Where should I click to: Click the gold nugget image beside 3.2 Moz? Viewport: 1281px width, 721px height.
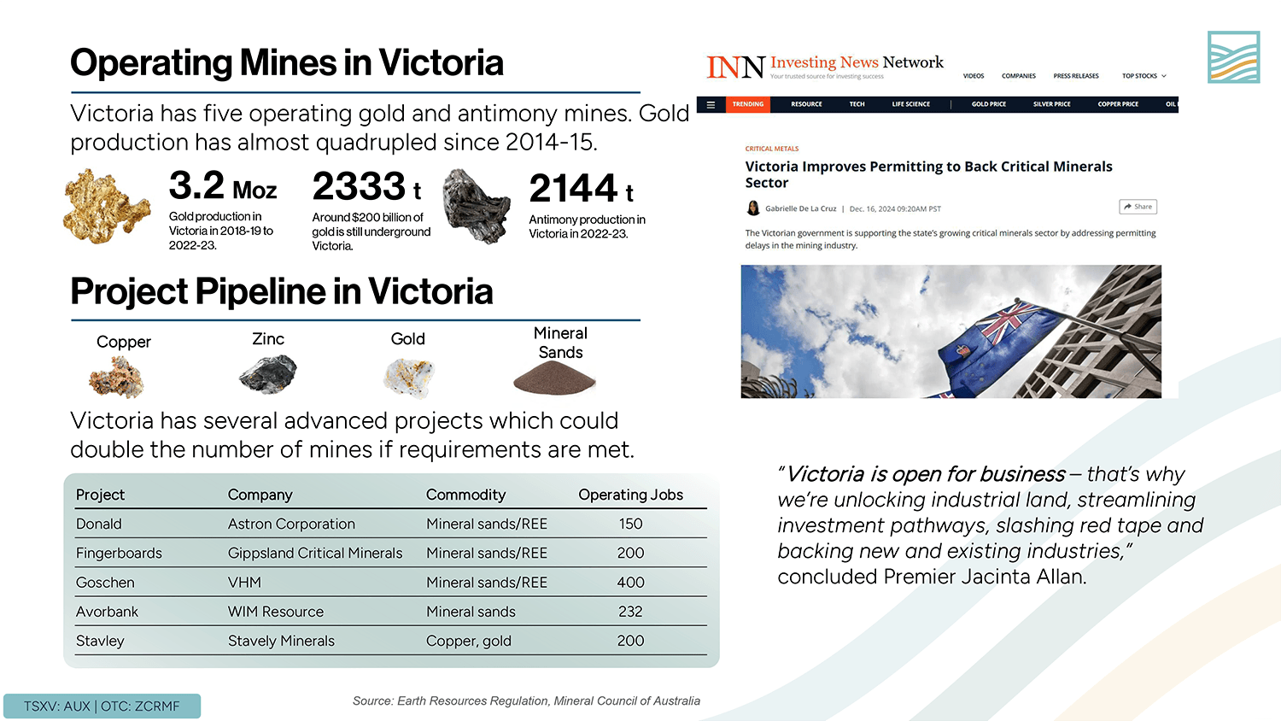(106, 206)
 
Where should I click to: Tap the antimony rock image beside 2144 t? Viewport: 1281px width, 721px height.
(476, 205)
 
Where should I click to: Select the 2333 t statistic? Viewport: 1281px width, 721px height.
(366, 187)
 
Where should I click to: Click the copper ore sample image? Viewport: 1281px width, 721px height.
(117, 377)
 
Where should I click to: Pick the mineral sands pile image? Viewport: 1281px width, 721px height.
(554, 378)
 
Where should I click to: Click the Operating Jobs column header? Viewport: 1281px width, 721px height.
(630, 495)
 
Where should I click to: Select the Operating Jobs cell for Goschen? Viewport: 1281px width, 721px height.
(630, 583)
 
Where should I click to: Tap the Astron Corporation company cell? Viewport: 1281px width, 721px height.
(291, 524)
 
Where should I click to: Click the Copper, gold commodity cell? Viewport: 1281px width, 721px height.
(469, 641)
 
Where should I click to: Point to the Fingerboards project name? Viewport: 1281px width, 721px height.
(119, 553)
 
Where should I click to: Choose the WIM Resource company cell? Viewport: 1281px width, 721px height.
(276, 612)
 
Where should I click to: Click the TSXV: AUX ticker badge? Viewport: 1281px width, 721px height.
(102, 706)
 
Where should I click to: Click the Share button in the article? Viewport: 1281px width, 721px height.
(1138, 207)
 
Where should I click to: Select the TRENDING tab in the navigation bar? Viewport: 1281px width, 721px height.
(747, 104)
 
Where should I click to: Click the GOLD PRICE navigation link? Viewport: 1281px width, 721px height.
(988, 104)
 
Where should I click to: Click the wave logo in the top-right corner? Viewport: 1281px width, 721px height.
(1233, 57)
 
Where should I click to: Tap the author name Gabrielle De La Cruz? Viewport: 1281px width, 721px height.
(800, 208)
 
